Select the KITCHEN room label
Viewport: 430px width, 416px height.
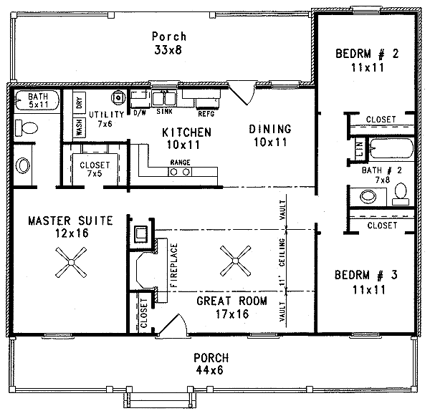[x=186, y=132]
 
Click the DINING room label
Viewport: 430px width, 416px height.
[x=270, y=130]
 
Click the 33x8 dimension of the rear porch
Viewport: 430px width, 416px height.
[x=169, y=50]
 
